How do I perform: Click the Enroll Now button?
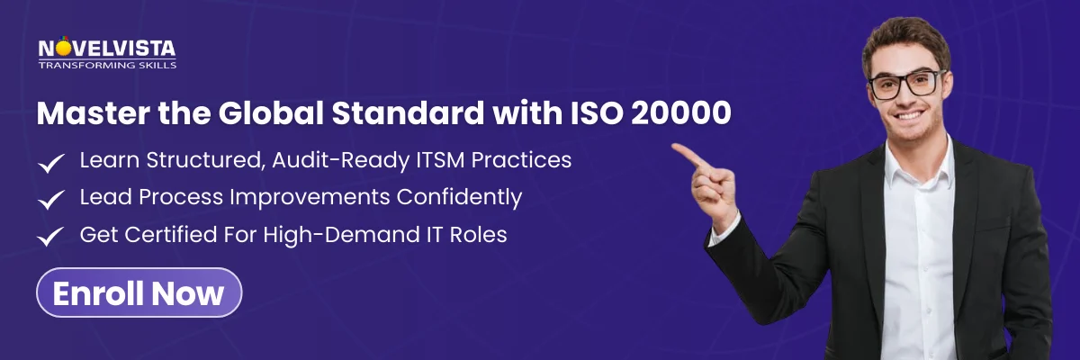tap(139, 292)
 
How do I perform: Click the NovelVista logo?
tap(107, 49)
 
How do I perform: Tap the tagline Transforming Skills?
tap(107, 66)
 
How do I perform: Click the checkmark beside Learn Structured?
tap(50, 163)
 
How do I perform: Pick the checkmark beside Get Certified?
tap(50, 237)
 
